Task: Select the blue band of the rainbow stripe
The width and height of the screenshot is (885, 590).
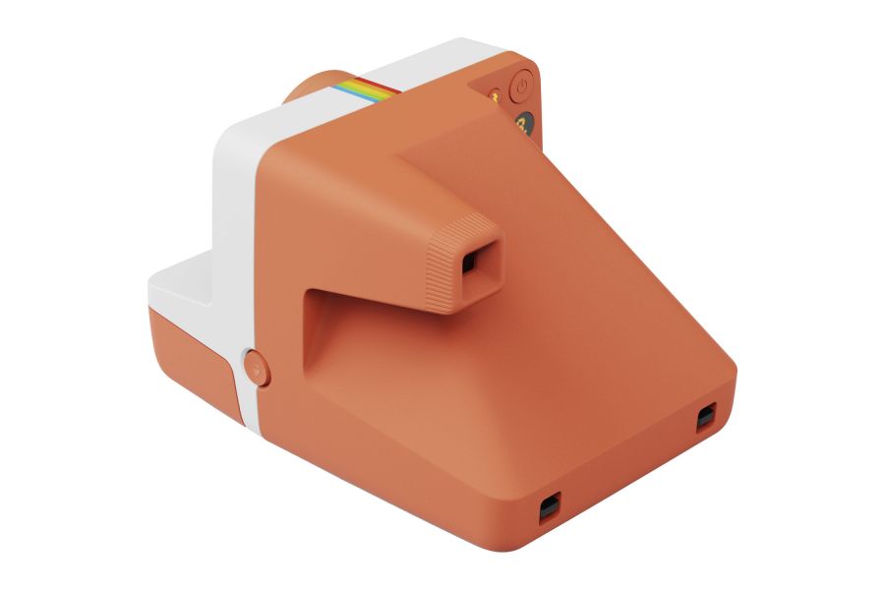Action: (x=344, y=89)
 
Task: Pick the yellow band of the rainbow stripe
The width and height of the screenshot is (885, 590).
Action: (x=368, y=89)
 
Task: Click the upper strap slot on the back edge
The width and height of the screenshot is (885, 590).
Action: (x=705, y=418)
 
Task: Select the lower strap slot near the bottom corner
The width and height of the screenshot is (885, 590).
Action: (x=548, y=506)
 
